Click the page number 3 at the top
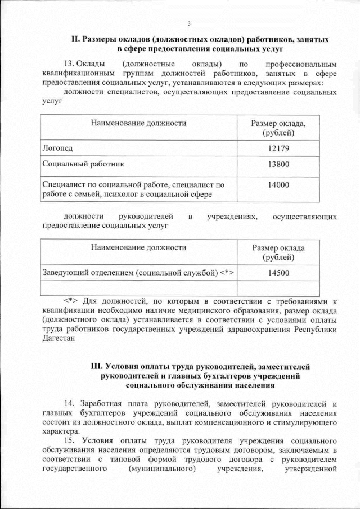(x=189, y=23)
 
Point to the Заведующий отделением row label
(x=138, y=273)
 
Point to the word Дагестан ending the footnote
(x=58, y=339)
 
